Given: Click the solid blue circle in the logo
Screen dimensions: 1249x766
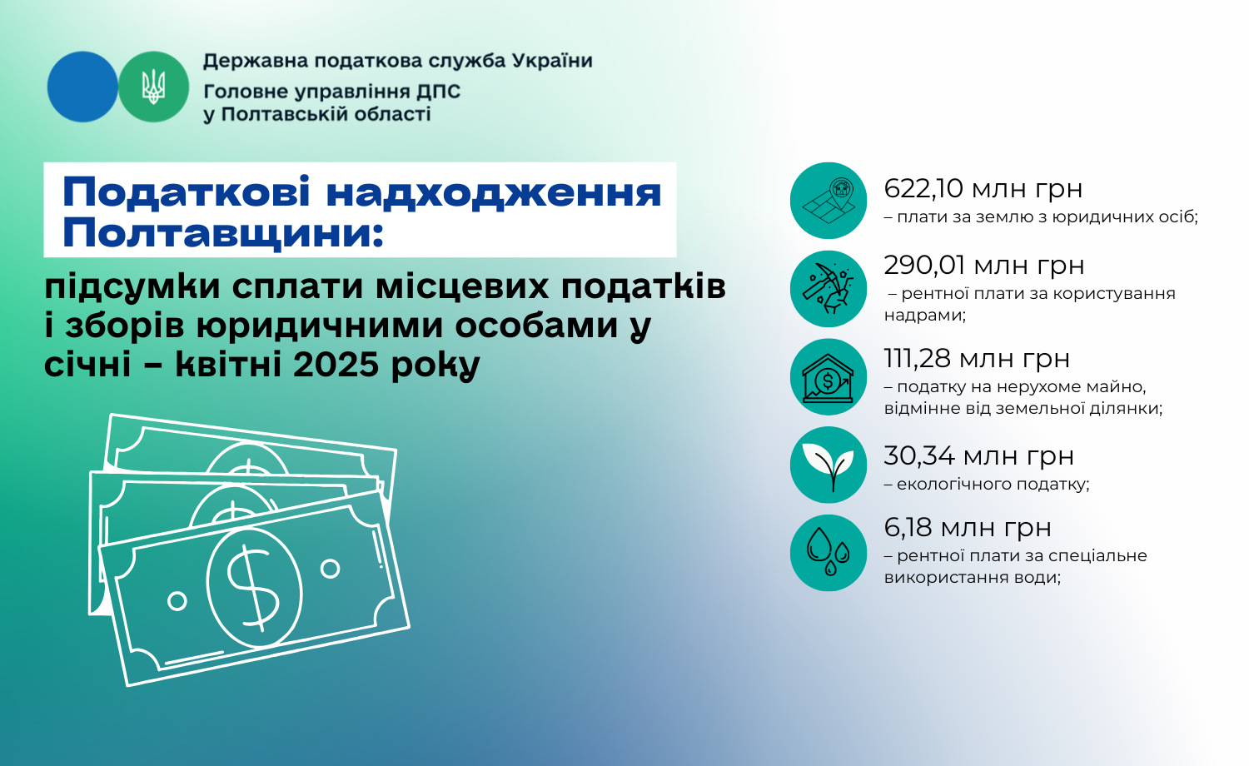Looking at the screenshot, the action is [82, 87].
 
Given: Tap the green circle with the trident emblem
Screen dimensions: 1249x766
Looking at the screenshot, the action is [154, 87].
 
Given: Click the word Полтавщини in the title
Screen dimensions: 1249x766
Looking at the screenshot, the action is [222, 234].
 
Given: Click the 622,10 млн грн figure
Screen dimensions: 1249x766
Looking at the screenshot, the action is [983, 189].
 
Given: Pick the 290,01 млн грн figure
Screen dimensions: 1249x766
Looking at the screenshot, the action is [984, 266].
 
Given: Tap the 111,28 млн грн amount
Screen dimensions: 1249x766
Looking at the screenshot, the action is [977, 359].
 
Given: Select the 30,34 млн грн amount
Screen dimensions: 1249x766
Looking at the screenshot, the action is [979, 456].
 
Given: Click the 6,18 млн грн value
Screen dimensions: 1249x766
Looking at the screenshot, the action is [968, 527].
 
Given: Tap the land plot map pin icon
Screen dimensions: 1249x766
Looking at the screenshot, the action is [829, 201].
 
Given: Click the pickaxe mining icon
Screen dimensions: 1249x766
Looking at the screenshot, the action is [829, 289].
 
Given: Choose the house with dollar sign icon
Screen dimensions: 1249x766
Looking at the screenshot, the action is [829, 377].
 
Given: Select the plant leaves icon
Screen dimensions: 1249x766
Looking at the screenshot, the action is [829, 465].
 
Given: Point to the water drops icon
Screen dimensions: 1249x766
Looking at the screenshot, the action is [829, 553].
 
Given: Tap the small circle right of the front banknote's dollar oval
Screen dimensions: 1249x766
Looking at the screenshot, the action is [330, 570].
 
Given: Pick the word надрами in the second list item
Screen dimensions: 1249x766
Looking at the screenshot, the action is [925, 315].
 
